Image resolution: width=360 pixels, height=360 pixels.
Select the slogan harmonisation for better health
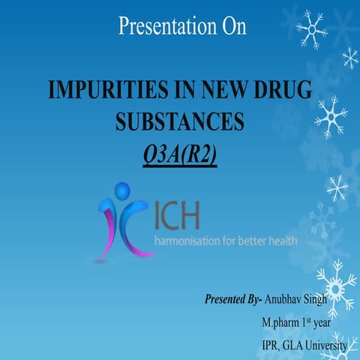click(x=226, y=241)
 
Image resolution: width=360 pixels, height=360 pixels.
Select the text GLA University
click(x=316, y=346)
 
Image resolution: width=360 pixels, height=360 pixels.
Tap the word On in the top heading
click(x=232, y=27)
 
